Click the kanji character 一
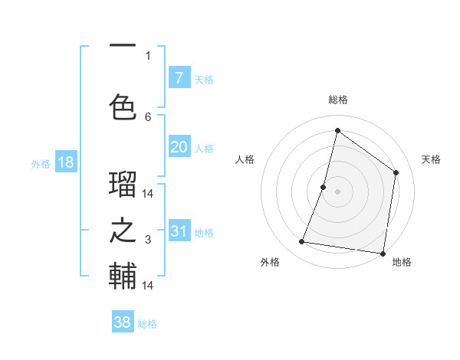pyautogui.click(x=123, y=47)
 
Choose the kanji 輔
pyautogui.click(x=123, y=277)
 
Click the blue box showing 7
pyautogui.click(x=179, y=78)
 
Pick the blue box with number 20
pyautogui.click(x=179, y=148)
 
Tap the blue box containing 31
pyautogui.click(x=179, y=232)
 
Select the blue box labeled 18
pyautogui.click(x=65, y=162)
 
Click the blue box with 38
pyautogui.click(x=123, y=322)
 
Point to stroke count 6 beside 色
pyautogui.click(x=148, y=117)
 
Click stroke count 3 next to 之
pyautogui.click(x=148, y=240)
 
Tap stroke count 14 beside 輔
pyautogui.click(x=148, y=285)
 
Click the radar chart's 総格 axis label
pyautogui.click(x=337, y=100)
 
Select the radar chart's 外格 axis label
pyautogui.click(x=270, y=262)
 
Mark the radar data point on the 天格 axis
pyautogui.click(x=396, y=172)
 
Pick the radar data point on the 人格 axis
pyautogui.click(x=324, y=187)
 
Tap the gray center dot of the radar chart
pyautogui.click(x=337, y=191)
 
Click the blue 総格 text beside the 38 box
pyautogui.click(x=147, y=324)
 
